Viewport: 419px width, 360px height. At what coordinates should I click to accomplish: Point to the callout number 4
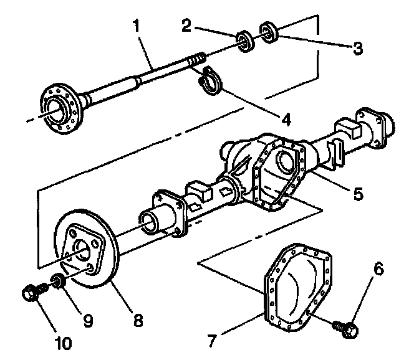(286, 117)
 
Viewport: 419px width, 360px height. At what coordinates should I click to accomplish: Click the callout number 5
(357, 193)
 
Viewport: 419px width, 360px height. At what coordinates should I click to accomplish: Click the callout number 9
(87, 320)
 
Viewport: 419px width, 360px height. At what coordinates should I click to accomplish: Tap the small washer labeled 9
(57, 282)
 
